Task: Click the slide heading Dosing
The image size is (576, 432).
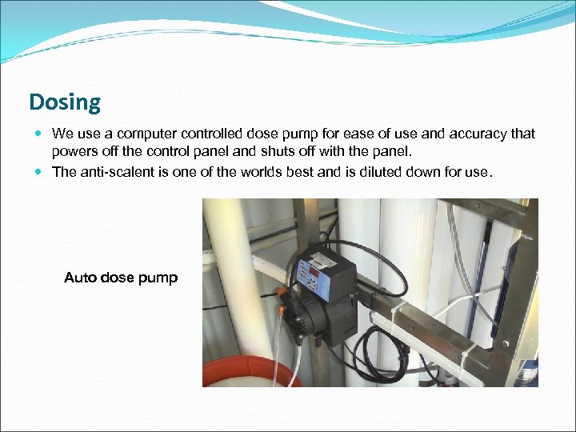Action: (x=65, y=102)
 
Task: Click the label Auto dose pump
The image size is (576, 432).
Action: (x=121, y=278)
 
